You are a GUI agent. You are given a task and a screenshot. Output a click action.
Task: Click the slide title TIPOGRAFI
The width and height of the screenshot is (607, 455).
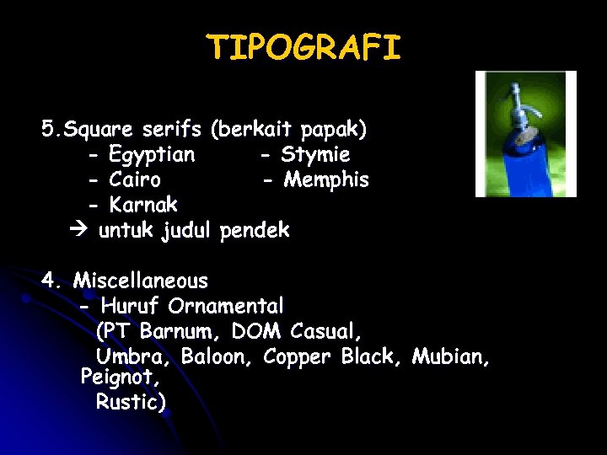click(303, 48)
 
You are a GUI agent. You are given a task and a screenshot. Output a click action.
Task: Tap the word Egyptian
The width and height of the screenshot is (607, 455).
click(152, 155)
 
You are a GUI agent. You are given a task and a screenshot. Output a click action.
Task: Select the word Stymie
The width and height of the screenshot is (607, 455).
click(315, 155)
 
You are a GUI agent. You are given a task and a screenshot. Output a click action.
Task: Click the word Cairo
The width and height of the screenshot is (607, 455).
click(135, 179)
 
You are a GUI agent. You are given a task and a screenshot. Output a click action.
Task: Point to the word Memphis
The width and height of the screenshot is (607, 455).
click(326, 179)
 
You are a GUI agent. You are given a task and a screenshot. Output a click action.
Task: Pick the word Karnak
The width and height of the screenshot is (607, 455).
click(143, 204)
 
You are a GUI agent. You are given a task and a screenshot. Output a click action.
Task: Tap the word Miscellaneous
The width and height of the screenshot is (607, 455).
click(140, 280)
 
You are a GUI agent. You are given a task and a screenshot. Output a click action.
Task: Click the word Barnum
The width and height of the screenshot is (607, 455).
click(180, 329)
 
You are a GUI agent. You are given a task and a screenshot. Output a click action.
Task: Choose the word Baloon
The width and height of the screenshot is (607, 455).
click(217, 356)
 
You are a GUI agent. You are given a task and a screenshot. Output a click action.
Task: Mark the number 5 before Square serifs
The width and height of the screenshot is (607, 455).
click(47, 130)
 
